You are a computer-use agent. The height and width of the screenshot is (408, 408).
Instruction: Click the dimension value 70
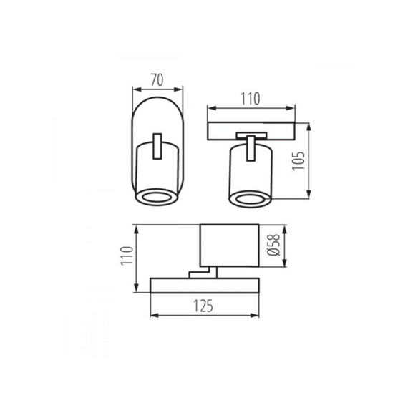[x=157, y=80]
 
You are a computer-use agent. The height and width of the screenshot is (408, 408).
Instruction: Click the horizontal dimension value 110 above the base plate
[x=250, y=99]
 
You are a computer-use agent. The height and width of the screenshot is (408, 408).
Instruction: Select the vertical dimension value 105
[x=298, y=161]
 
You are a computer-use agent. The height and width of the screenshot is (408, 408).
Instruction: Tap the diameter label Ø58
[x=273, y=246]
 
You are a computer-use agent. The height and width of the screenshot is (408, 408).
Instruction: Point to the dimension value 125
[x=203, y=306]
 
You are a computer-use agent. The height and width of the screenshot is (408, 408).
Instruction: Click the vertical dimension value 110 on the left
[x=127, y=256]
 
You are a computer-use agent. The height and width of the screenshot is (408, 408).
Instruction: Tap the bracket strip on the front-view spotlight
[x=157, y=146]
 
